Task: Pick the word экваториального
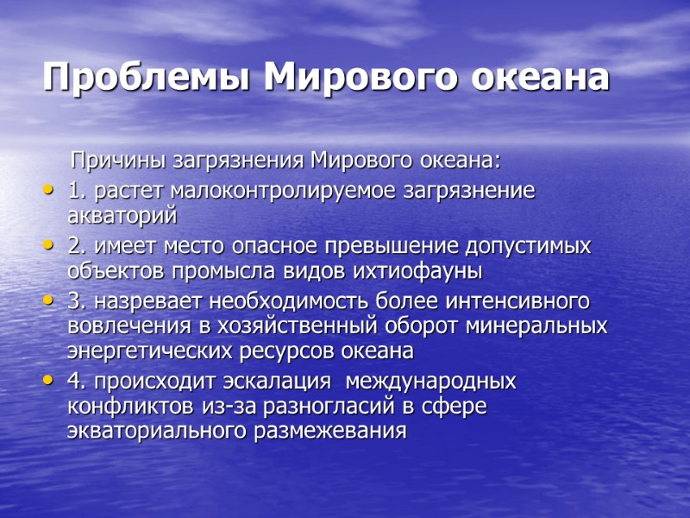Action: point(156,431)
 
